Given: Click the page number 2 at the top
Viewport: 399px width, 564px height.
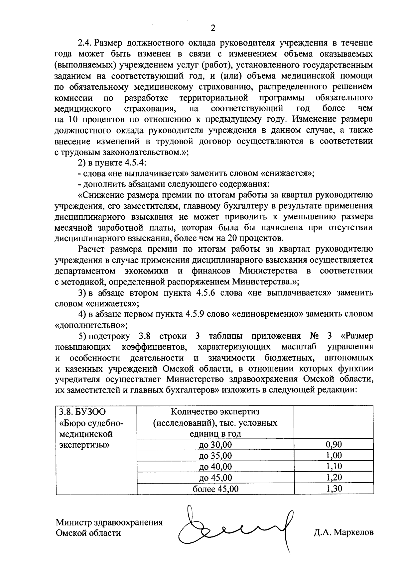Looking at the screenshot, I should coord(213,28).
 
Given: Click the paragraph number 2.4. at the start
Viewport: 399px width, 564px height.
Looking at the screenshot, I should coord(85,43).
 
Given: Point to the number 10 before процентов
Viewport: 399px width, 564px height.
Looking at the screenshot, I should coord(73,119).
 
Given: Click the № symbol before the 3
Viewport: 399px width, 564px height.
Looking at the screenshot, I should coord(314,336).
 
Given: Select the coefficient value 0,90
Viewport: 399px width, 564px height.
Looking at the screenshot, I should coord(334,445).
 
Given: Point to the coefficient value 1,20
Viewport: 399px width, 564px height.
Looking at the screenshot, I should coord(334,478).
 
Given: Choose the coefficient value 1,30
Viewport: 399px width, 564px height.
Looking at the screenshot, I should coord(334,489).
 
